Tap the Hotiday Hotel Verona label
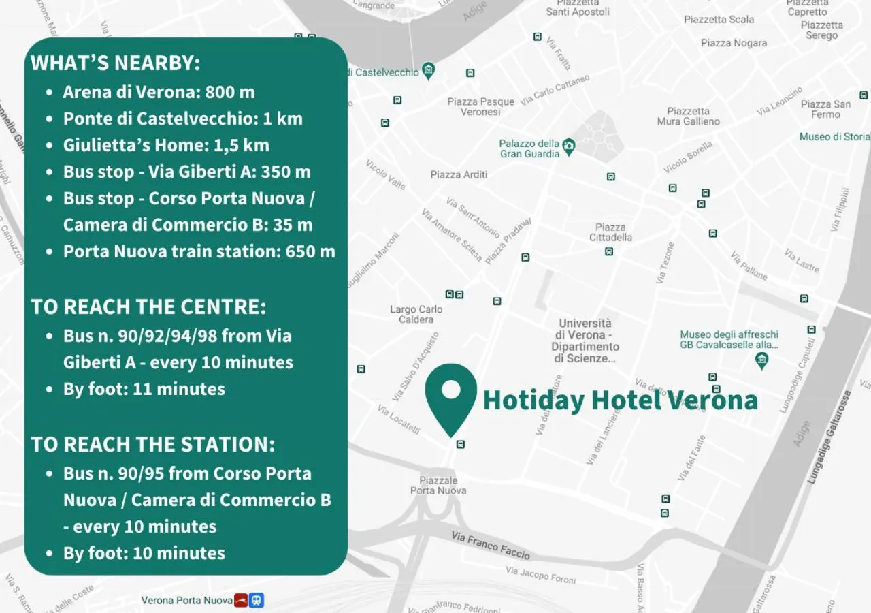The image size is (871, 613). point(620,400)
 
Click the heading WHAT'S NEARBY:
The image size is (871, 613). point(116,63)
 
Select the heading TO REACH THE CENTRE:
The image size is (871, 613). point(148,306)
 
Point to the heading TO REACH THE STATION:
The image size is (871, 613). point(153,444)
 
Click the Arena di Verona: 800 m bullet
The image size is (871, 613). point(159,92)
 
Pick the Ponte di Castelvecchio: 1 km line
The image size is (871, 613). point(182,119)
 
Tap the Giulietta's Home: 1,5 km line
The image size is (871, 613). point(166,145)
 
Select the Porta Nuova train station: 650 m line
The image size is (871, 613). point(199,251)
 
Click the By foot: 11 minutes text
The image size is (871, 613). point(144,389)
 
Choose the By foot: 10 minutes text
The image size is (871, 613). point(144,553)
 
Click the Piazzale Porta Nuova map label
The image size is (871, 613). point(438,485)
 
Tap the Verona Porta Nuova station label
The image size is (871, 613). point(186,600)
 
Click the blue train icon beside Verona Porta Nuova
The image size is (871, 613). point(257,600)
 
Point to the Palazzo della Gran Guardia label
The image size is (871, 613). point(529,148)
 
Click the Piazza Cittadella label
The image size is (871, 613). point(610,232)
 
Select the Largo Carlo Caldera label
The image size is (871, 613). point(416,314)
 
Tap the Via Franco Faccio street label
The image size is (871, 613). point(490,544)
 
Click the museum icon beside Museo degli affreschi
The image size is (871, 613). point(762,360)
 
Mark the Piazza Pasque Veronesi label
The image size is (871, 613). point(480,106)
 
